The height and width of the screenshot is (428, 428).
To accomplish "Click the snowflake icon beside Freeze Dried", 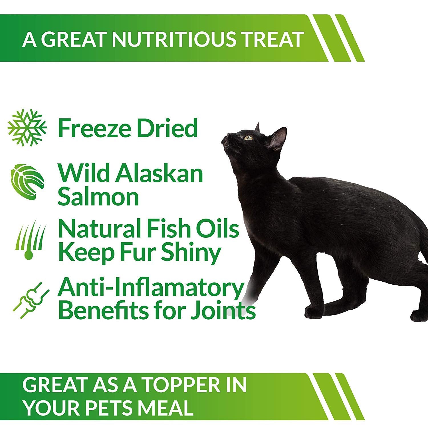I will pos(27,128).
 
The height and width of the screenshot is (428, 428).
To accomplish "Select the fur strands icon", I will pos(29,240).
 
